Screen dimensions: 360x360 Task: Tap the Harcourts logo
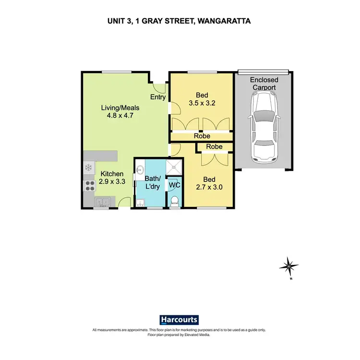pos(179,320)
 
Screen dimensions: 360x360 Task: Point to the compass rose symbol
pos(289,265)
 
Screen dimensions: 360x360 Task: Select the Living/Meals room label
pos(120,108)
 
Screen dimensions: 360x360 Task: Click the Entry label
pos(158,97)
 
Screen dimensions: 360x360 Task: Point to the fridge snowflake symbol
pos(89,168)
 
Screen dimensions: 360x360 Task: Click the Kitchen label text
pos(112,174)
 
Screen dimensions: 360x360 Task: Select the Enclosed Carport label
pos(263,84)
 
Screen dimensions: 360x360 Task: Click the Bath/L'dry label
pos(152,182)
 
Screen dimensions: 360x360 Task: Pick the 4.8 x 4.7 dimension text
pos(120,116)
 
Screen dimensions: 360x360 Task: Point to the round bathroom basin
pos(141,169)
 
